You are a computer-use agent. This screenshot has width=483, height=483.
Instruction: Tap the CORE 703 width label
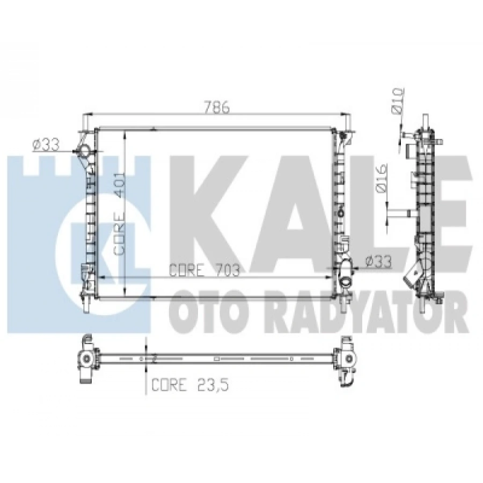tap(204, 271)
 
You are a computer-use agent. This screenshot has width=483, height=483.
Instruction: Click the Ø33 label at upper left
tap(45, 144)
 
